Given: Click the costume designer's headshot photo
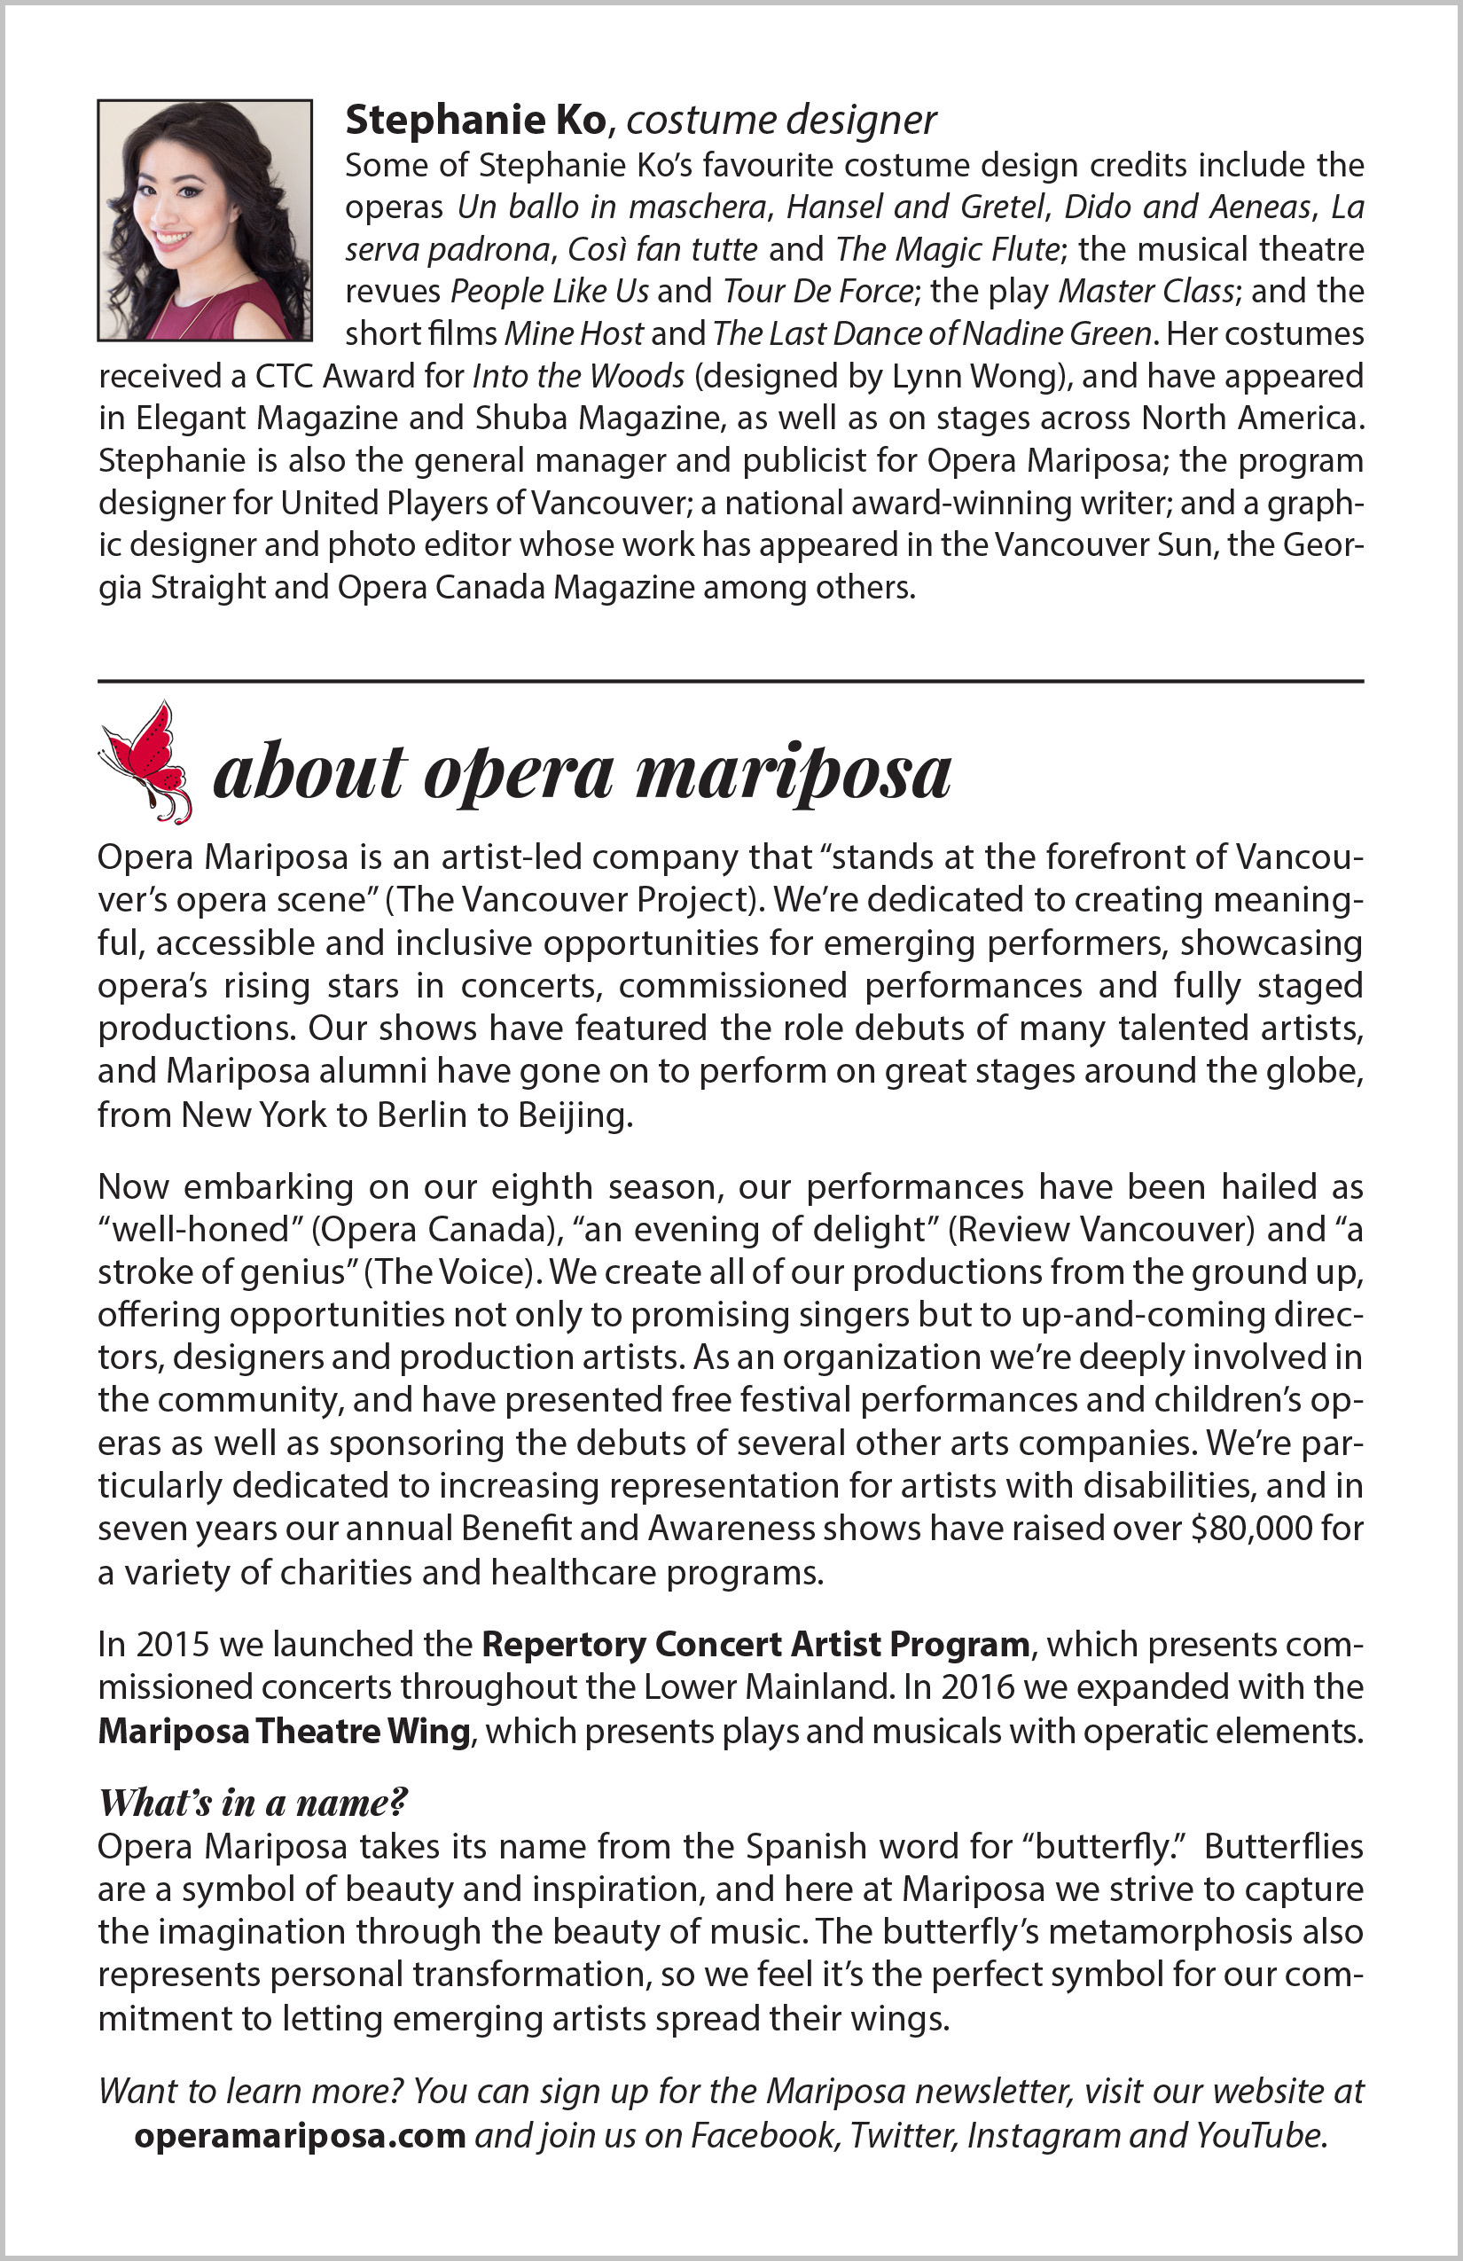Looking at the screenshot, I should point(204,220).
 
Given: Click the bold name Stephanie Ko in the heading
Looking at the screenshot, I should point(475,120).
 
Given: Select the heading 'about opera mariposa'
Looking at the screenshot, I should point(582,771).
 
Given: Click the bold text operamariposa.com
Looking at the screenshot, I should point(300,2135).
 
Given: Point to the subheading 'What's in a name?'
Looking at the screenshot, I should point(253,1801).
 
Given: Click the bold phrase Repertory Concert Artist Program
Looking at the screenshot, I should point(755,1644).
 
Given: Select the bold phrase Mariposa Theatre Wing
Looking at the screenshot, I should point(284,1730).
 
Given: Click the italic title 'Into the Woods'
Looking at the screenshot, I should point(578,376).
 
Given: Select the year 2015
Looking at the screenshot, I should point(173,1644).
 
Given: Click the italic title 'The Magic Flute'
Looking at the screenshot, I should point(947,249).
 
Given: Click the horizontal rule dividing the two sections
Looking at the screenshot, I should point(731,681).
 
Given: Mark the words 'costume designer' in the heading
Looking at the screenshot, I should point(781,120).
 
